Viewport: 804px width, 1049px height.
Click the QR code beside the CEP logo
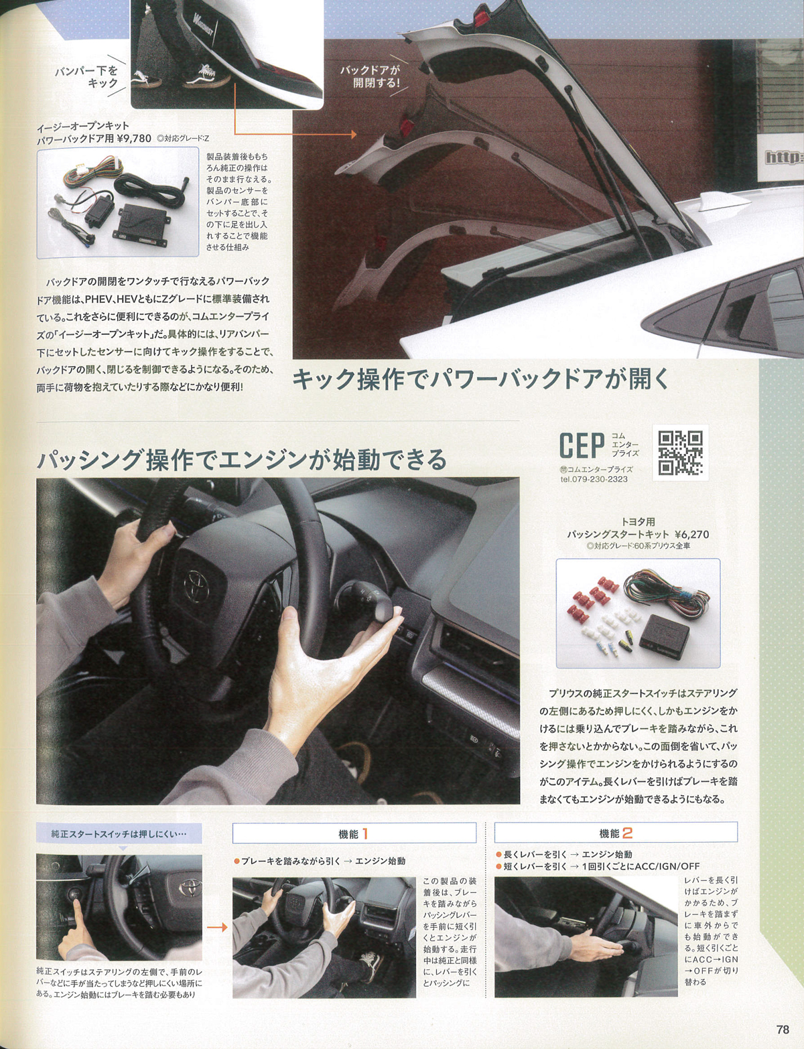680,453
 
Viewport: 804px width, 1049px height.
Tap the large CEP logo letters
582,445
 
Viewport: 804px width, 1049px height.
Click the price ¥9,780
134,139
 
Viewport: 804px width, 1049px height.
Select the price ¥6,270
691,535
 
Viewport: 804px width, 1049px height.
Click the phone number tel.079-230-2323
594,480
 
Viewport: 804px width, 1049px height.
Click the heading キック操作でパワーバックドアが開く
480,379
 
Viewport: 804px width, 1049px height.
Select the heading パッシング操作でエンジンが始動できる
242,460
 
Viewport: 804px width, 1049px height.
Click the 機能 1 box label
354,834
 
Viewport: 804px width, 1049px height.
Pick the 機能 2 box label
616,833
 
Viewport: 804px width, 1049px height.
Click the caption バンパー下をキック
86,77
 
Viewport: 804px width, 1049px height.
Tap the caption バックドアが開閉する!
371,76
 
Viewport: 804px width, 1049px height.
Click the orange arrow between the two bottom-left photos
217,927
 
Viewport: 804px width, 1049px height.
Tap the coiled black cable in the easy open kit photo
148,192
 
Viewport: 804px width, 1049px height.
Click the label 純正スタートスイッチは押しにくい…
119,833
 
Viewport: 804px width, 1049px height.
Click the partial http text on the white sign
784,157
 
